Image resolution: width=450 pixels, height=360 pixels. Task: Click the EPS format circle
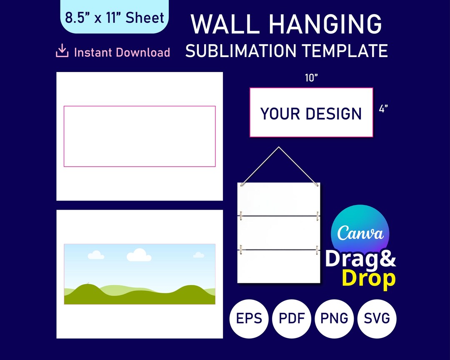pos(249,319)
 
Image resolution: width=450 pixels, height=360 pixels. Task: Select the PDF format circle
pos(292,319)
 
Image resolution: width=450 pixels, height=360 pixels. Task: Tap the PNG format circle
pos(335,319)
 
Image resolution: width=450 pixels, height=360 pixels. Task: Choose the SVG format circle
pos(377,319)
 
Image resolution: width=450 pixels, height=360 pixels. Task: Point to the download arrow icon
pos(62,52)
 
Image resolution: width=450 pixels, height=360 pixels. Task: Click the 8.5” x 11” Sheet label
pos(115,17)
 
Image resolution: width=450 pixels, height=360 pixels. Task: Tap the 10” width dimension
pos(311,78)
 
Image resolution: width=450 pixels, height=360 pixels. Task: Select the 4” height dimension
pos(384,110)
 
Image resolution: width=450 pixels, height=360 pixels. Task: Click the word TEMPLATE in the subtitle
pos(345,51)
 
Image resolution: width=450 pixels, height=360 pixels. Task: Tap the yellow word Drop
pos(368,279)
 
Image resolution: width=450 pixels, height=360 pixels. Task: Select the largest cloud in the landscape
pos(139,255)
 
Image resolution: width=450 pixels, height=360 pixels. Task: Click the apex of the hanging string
pos(278,147)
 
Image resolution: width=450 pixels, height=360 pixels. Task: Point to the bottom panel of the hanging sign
pos(279,267)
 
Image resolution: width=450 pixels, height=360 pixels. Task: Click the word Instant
pos(93,52)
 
